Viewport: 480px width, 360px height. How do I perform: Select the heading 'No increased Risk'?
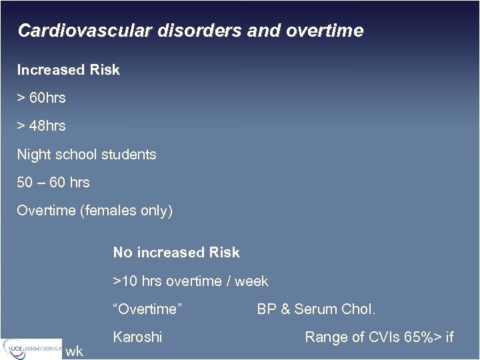click(176, 253)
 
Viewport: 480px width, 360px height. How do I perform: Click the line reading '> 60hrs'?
click(41, 98)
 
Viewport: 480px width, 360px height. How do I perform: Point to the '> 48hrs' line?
click(41, 126)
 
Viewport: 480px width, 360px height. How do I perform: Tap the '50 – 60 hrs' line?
click(53, 183)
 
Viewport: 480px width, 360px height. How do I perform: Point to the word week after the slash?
click(251, 281)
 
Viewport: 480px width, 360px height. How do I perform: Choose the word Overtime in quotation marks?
click(148, 309)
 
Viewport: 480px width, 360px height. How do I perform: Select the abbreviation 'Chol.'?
click(359, 309)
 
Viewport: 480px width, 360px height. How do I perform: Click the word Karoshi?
click(137, 337)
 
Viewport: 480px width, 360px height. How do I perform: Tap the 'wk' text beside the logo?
click(74, 351)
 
